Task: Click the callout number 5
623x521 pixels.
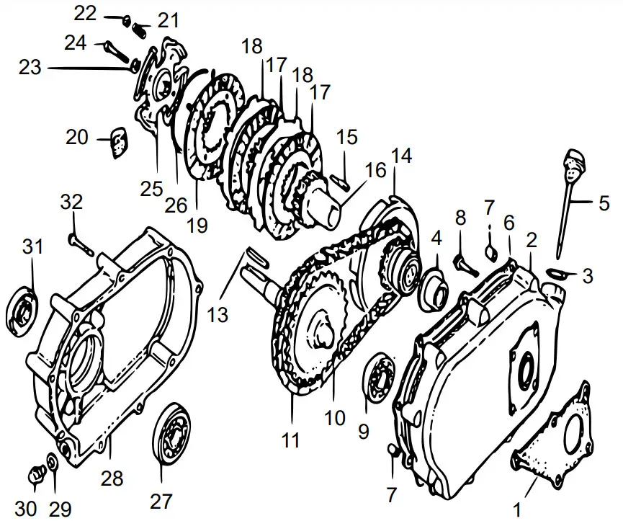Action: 604,204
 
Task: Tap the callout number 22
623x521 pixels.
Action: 85,13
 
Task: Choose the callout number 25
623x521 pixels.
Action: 152,190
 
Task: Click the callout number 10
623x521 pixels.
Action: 335,418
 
